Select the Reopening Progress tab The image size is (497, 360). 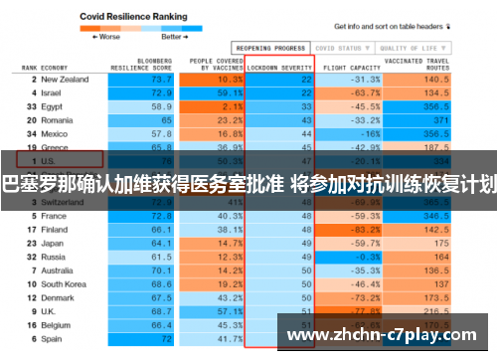click(269, 47)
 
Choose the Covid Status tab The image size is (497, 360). click(339, 47)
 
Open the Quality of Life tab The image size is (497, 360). click(410, 47)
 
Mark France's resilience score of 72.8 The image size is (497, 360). click(160, 215)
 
